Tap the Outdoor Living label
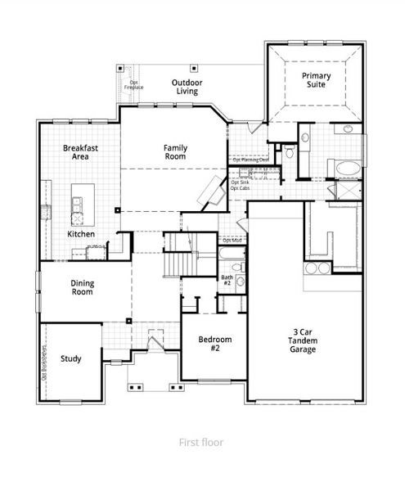pos(187,87)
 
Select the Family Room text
pos(175,153)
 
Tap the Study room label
pos(70,358)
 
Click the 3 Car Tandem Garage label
pos(305,341)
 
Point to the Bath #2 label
pos(227,281)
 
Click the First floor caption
pos(201,442)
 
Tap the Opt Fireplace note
pos(136,84)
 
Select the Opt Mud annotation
pos(232,240)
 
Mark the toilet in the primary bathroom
pos(289,153)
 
